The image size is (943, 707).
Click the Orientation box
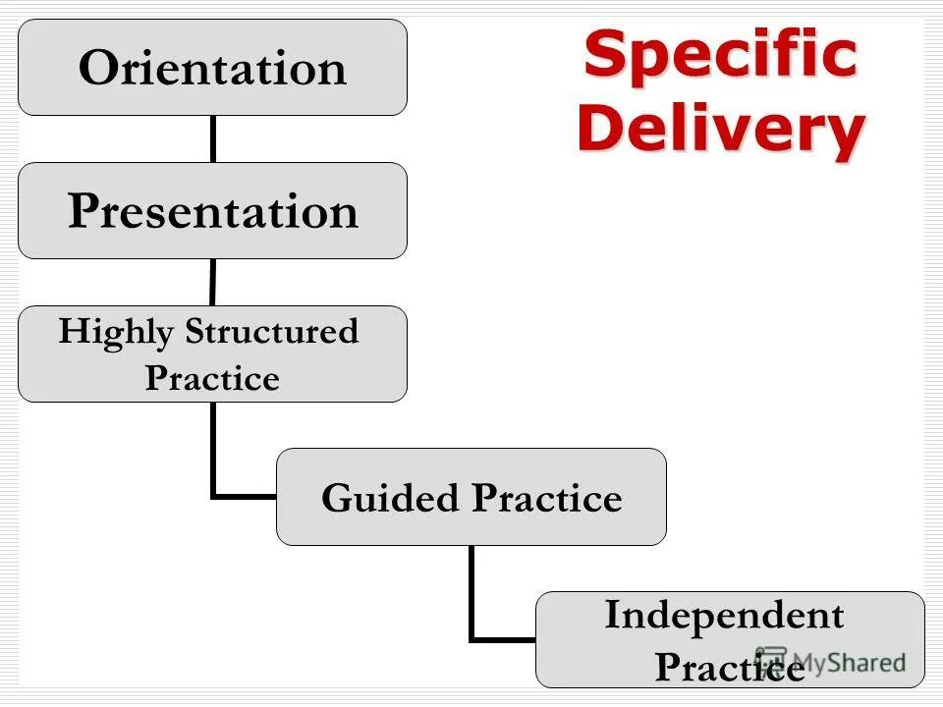pos(212,67)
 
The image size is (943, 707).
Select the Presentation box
pos(212,210)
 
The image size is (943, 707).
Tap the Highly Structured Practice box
pos(212,353)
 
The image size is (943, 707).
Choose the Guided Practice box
pos(471,497)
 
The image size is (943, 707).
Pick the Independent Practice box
pos(729,639)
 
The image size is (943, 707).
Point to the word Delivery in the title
pos(721,129)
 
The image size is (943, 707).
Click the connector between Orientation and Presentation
pos(212,138)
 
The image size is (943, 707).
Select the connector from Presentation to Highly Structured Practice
pos(212,282)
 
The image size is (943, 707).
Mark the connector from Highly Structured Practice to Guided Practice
pos(214,462)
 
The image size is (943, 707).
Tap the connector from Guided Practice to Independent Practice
pos(473,604)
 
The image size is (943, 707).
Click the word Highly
pos(117,332)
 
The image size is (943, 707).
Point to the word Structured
pos(272,332)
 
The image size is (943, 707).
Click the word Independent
pos(724,616)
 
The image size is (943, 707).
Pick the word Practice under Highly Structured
pos(212,378)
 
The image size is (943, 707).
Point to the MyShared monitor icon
pos(772,660)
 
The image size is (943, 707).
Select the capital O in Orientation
pos(99,68)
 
